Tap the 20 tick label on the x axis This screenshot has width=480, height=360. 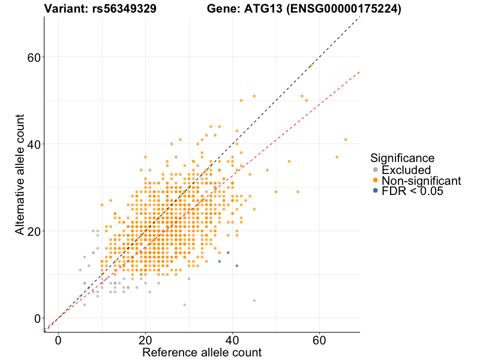[x=145, y=340]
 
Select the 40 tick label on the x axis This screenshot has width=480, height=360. [x=232, y=340]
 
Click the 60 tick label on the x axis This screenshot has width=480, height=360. [x=319, y=340]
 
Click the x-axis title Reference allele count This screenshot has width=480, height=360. [x=202, y=352]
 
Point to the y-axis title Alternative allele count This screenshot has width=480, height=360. [x=20, y=174]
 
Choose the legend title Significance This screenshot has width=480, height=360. [x=402, y=158]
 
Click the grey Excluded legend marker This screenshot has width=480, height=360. [x=376, y=170]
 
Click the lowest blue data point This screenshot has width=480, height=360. [x=237, y=266]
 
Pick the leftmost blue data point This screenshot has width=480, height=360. [x=220, y=262]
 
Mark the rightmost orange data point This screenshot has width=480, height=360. [x=346, y=139]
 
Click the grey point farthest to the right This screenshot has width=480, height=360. [x=254, y=301]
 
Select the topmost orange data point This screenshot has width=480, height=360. [x=311, y=65]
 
